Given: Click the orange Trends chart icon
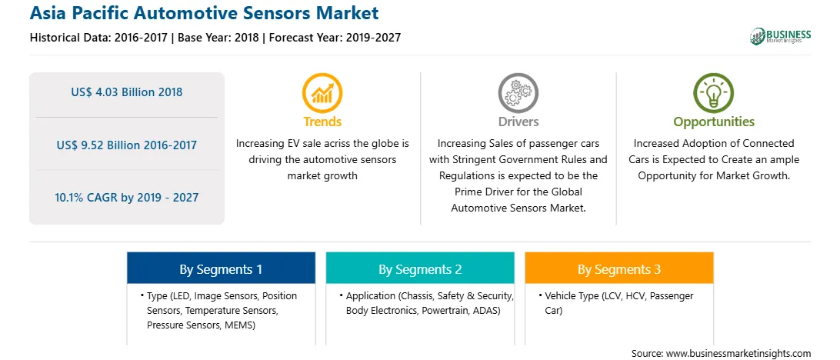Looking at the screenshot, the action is [322, 93].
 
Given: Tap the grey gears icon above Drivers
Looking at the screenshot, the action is [518, 93].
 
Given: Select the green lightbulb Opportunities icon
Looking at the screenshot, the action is [714, 93].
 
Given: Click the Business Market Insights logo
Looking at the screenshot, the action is [780, 36].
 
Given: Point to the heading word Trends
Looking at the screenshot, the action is [322, 122].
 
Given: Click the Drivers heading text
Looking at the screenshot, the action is [518, 122].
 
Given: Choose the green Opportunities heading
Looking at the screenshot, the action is [714, 122].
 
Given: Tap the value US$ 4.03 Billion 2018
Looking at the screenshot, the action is [126, 92].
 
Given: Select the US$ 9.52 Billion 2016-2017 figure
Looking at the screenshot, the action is [126, 145].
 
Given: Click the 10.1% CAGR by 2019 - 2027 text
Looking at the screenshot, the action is [126, 197].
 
